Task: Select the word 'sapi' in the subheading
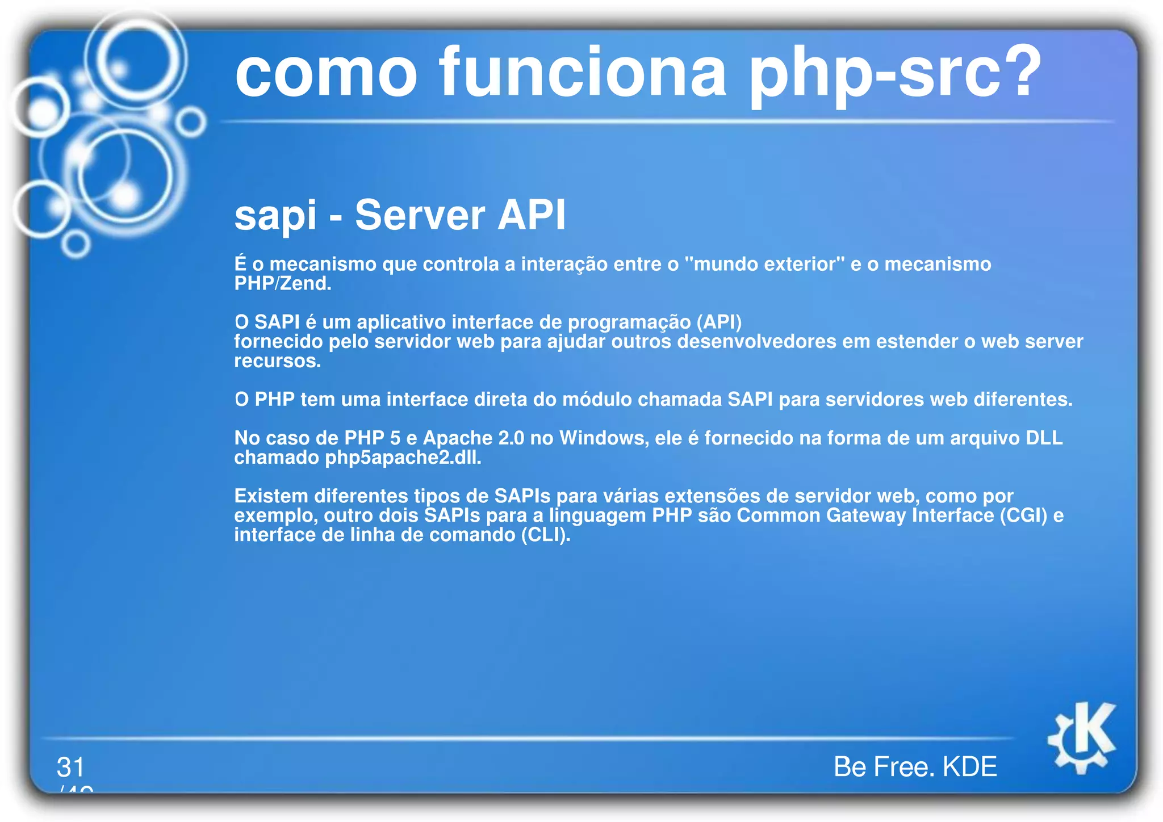pyautogui.click(x=275, y=216)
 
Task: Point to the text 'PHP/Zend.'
pyautogui.click(x=283, y=283)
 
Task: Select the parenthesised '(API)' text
pyautogui.click(x=719, y=322)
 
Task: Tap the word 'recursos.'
pyautogui.click(x=278, y=361)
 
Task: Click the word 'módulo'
pyautogui.click(x=596, y=400)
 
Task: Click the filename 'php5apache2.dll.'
pyautogui.click(x=403, y=458)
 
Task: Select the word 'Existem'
pyautogui.click(x=271, y=496)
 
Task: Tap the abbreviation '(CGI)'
pyautogui.click(x=1023, y=515)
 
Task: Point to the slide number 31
pyautogui.click(x=70, y=767)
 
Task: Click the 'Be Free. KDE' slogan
pyautogui.click(x=915, y=766)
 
